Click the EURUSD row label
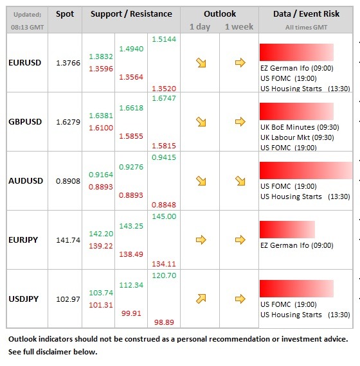pyautogui.click(x=26, y=62)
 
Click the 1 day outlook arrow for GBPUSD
pyautogui.click(x=201, y=121)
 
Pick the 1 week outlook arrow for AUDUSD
pyautogui.click(x=240, y=180)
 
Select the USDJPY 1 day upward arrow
pyautogui.click(x=201, y=299)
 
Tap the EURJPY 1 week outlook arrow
pyautogui.click(x=240, y=240)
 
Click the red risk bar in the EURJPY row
pyautogui.click(x=287, y=229)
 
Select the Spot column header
pyautogui.click(x=64, y=13)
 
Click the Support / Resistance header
pyautogui.click(x=131, y=13)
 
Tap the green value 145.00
pyautogui.click(x=163, y=216)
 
